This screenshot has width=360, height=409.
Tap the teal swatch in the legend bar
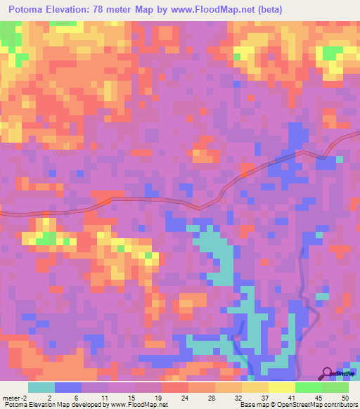[41, 387]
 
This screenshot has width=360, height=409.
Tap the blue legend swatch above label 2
[67, 387]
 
